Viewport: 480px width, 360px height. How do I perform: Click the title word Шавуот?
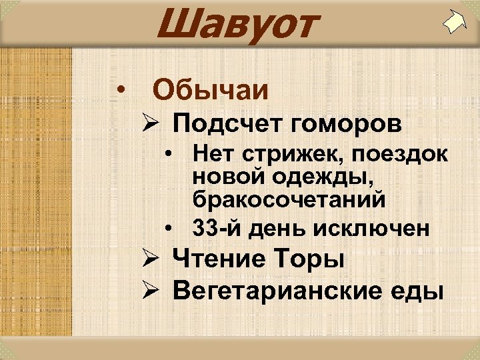coord(234,24)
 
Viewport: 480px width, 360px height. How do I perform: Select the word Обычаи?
coord(211,89)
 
